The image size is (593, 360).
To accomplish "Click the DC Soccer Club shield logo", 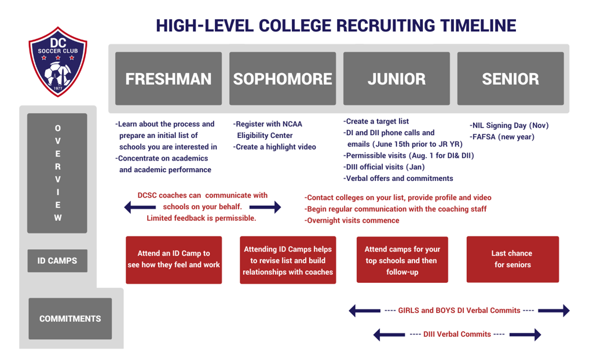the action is pyautogui.click(x=58, y=61).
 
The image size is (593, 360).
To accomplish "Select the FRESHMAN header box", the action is pyautogui.click(x=169, y=78).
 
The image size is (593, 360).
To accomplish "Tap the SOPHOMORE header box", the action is pyautogui.click(x=283, y=78).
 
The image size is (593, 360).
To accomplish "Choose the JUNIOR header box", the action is pyautogui.click(x=396, y=78).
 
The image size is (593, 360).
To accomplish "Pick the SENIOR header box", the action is pyautogui.click(x=511, y=78).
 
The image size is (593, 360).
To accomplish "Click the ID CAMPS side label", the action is pyautogui.click(x=57, y=261).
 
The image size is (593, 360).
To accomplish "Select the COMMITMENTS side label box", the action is pyautogui.click(x=70, y=319).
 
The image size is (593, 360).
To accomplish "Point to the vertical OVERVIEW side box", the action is pyautogui.click(x=57, y=173).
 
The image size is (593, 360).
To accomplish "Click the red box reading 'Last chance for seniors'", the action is pyautogui.click(x=513, y=259).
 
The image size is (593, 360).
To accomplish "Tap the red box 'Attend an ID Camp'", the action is pyautogui.click(x=174, y=260).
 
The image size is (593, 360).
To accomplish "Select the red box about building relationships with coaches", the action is pyautogui.click(x=288, y=260).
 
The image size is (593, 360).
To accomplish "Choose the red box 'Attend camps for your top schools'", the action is pyautogui.click(x=402, y=260).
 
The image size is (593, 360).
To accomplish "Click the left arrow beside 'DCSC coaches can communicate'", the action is pyautogui.click(x=140, y=207).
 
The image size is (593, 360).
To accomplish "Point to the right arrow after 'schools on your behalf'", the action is pyautogui.click(x=265, y=207).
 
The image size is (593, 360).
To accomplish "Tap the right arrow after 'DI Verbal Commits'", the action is pyautogui.click(x=554, y=310).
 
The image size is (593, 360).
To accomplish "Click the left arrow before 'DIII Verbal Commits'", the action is pyautogui.click(x=389, y=334).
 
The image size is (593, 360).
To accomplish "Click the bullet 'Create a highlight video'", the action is pyautogui.click(x=274, y=147).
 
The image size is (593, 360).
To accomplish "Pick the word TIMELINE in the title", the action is pyautogui.click(x=478, y=26).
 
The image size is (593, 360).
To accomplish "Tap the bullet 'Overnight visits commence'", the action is pyautogui.click(x=352, y=220).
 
